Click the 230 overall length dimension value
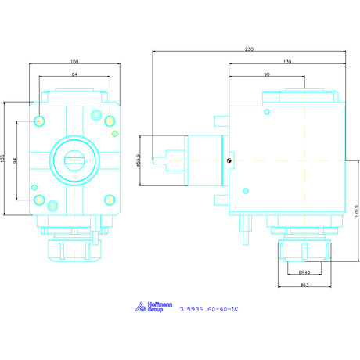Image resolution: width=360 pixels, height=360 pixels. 249,49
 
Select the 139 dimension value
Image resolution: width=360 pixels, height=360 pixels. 287,62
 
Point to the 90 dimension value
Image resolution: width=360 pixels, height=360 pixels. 267,74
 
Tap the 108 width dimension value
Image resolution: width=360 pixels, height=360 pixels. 74,62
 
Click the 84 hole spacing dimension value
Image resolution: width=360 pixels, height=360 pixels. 74,74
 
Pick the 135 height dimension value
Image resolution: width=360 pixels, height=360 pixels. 2,159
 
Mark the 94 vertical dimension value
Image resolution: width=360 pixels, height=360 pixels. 15,160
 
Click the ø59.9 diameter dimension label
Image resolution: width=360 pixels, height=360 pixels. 139,160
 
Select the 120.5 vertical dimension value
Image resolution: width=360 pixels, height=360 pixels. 358,211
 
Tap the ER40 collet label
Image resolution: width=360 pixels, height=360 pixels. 304,272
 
